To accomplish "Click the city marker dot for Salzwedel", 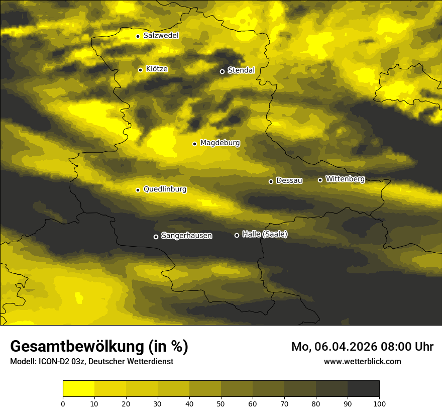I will pyautogui.click(x=138, y=36).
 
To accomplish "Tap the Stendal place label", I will pyautogui.click(x=241, y=70).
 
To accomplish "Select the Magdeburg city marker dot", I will pyautogui.click(x=194, y=144).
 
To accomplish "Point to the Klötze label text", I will pyautogui.click(x=157, y=69).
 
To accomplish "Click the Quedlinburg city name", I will pyautogui.click(x=165, y=189).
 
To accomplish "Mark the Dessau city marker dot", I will pyautogui.click(x=271, y=181).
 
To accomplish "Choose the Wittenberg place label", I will pyautogui.click(x=345, y=179).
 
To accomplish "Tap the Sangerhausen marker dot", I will pyautogui.click(x=156, y=237).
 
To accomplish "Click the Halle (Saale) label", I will pyautogui.click(x=265, y=234).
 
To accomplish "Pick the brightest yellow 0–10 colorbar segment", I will pyautogui.click(x=78, y=388).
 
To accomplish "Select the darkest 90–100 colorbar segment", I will pyautogui.click(x=363, y=388).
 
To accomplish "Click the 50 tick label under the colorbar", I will pyautogui.click(x=221, y=403).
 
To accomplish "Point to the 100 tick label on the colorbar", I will pyautogui.click(x=379, y=403).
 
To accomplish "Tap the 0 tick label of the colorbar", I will pyautogui.click(x=63, y=403).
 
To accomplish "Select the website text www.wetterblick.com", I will pyautogui.click(x=362, y=361).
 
